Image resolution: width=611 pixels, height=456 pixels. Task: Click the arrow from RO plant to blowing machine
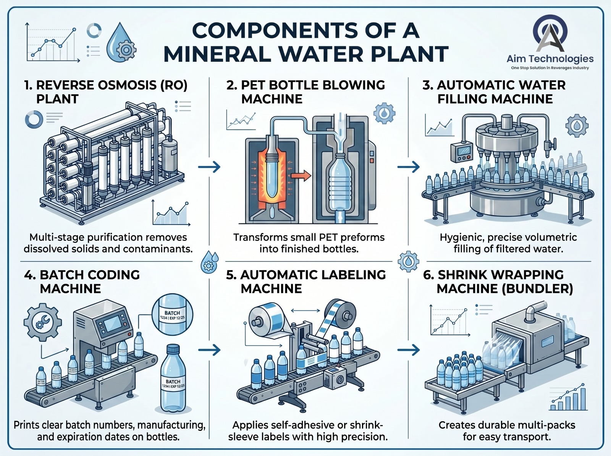[x=210, y=167]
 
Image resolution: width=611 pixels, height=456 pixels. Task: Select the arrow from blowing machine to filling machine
[x=409, y=167]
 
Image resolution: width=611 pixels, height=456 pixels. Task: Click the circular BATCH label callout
[x=172, y=315]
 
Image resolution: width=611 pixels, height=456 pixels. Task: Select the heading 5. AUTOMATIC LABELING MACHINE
[x=305, y=281]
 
